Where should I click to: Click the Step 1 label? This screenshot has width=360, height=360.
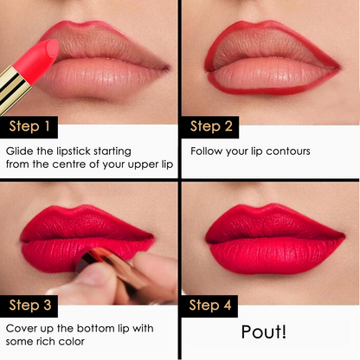[x=29, y=127]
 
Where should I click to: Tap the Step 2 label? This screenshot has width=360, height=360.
[x=210, y=127]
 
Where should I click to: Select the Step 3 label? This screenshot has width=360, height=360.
[x=29, y=305]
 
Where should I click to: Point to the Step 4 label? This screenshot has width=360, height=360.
[x=209, y=305]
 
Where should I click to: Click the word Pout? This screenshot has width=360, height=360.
[x=264, y=331]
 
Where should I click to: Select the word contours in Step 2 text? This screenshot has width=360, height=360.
[x=288, y=151]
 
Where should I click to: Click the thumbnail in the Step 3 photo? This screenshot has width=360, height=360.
[x=92, y=275]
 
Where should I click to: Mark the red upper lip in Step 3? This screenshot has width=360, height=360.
[x=87, y=224]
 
